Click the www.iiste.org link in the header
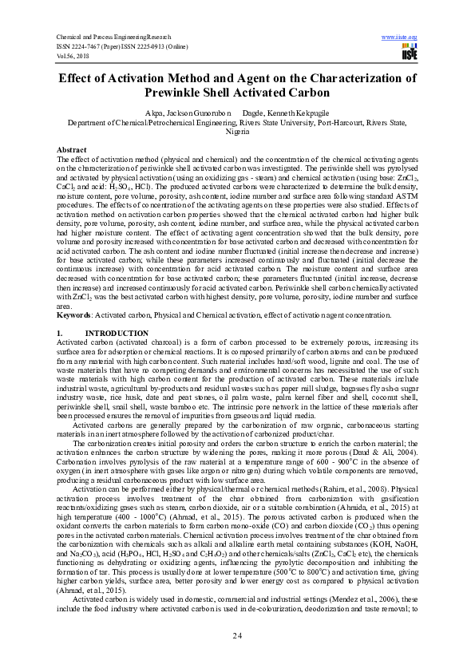tap(400, 38)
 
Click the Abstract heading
tap(72, 150)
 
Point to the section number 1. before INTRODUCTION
tap(60, 332)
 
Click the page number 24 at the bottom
tap(237, 634)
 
